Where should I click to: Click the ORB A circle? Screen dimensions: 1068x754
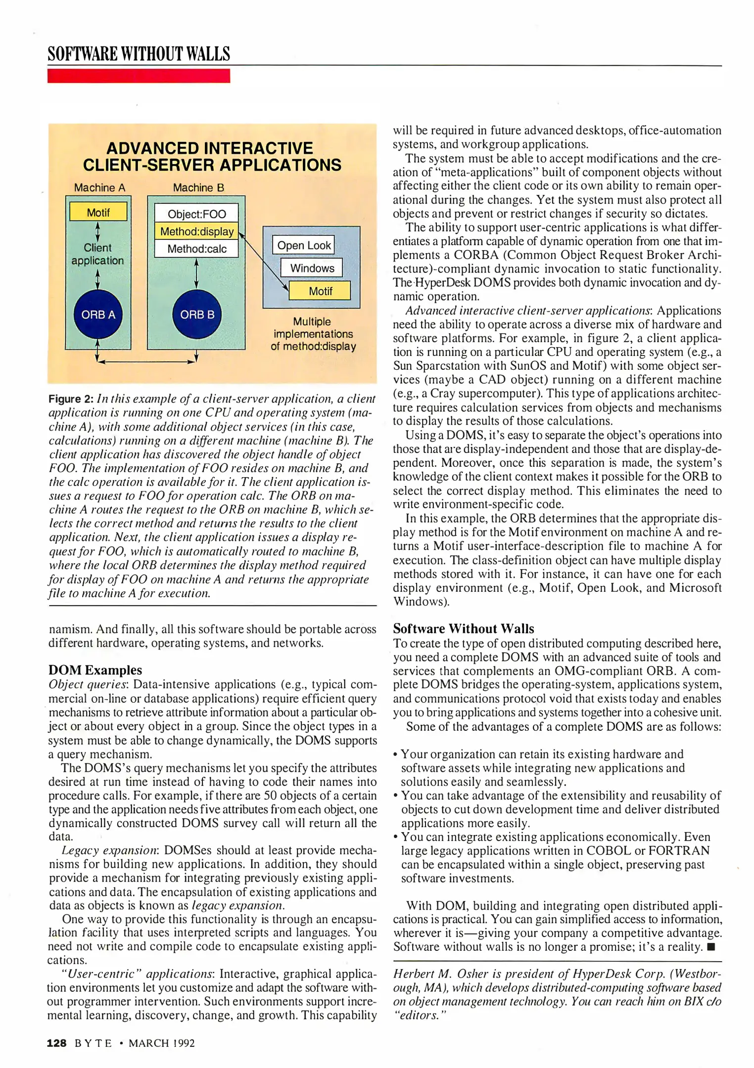(98, 314)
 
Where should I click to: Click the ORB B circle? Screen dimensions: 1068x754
(197, 314)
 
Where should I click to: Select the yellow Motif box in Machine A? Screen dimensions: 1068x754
(98, 213)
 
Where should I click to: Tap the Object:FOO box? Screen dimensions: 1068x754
(196, 214)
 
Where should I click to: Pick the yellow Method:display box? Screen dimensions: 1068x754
(196, 231)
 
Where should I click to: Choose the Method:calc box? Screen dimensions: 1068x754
(196, 249)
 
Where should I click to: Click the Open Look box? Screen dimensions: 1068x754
(304, 245)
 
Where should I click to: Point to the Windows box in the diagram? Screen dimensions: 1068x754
(312, 268)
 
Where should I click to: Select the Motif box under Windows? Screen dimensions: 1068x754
(320, 291)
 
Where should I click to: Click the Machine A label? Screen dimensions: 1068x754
(99, 188)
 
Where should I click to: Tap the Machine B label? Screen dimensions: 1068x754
(198, 188)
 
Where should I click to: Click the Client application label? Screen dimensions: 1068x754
(97, 254)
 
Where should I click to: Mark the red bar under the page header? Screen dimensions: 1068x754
(139, 76)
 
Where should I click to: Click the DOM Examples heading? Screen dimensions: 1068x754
(95, 670)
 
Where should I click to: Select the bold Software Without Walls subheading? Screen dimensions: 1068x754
(464, 629)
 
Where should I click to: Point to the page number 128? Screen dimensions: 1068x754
(56, 1043)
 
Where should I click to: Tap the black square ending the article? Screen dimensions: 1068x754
(711, 947)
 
